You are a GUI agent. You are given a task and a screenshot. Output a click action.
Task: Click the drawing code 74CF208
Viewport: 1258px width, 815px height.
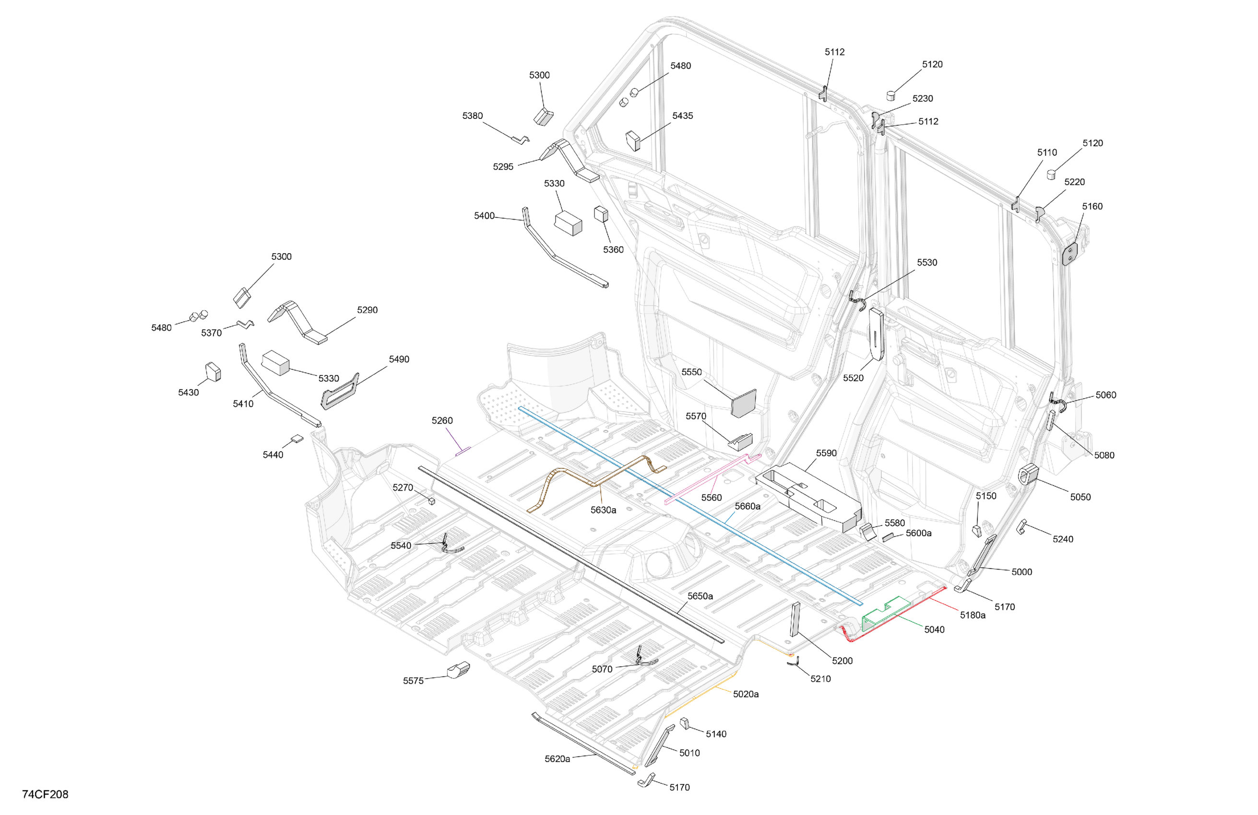tap(45, 794)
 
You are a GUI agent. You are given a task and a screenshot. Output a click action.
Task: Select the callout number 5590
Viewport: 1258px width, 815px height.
tap(826, 453)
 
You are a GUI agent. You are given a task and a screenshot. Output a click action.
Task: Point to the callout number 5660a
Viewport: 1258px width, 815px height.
tap(748, 506)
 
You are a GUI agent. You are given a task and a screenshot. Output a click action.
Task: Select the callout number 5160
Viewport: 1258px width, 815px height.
tap(1092, 206)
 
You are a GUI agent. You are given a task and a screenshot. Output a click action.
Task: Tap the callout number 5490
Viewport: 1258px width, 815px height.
tap(399, 359)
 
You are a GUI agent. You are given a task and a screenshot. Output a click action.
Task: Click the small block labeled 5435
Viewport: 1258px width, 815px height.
tap(633, 140)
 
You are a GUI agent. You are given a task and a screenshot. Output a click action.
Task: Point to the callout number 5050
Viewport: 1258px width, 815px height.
tap(1080, 497)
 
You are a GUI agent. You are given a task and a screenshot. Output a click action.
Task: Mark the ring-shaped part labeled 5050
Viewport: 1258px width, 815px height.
tap(1029, 474)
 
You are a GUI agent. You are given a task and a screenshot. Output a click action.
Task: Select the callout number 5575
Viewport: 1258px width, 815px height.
tap(414, 681)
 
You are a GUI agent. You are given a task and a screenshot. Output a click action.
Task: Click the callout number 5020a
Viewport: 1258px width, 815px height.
tap(746, 694)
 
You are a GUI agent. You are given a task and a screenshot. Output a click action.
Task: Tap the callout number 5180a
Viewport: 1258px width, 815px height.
tap(973, 615)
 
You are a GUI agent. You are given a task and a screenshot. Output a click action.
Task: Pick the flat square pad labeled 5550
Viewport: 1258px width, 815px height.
tap(744, 403)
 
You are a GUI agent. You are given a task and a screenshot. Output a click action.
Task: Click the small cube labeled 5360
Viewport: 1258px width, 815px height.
tap(601, 214)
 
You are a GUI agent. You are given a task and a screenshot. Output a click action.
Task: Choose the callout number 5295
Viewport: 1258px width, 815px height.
tap(503, 166)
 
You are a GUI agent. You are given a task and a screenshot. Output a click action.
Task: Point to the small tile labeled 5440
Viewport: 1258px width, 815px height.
tap(297, 438)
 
